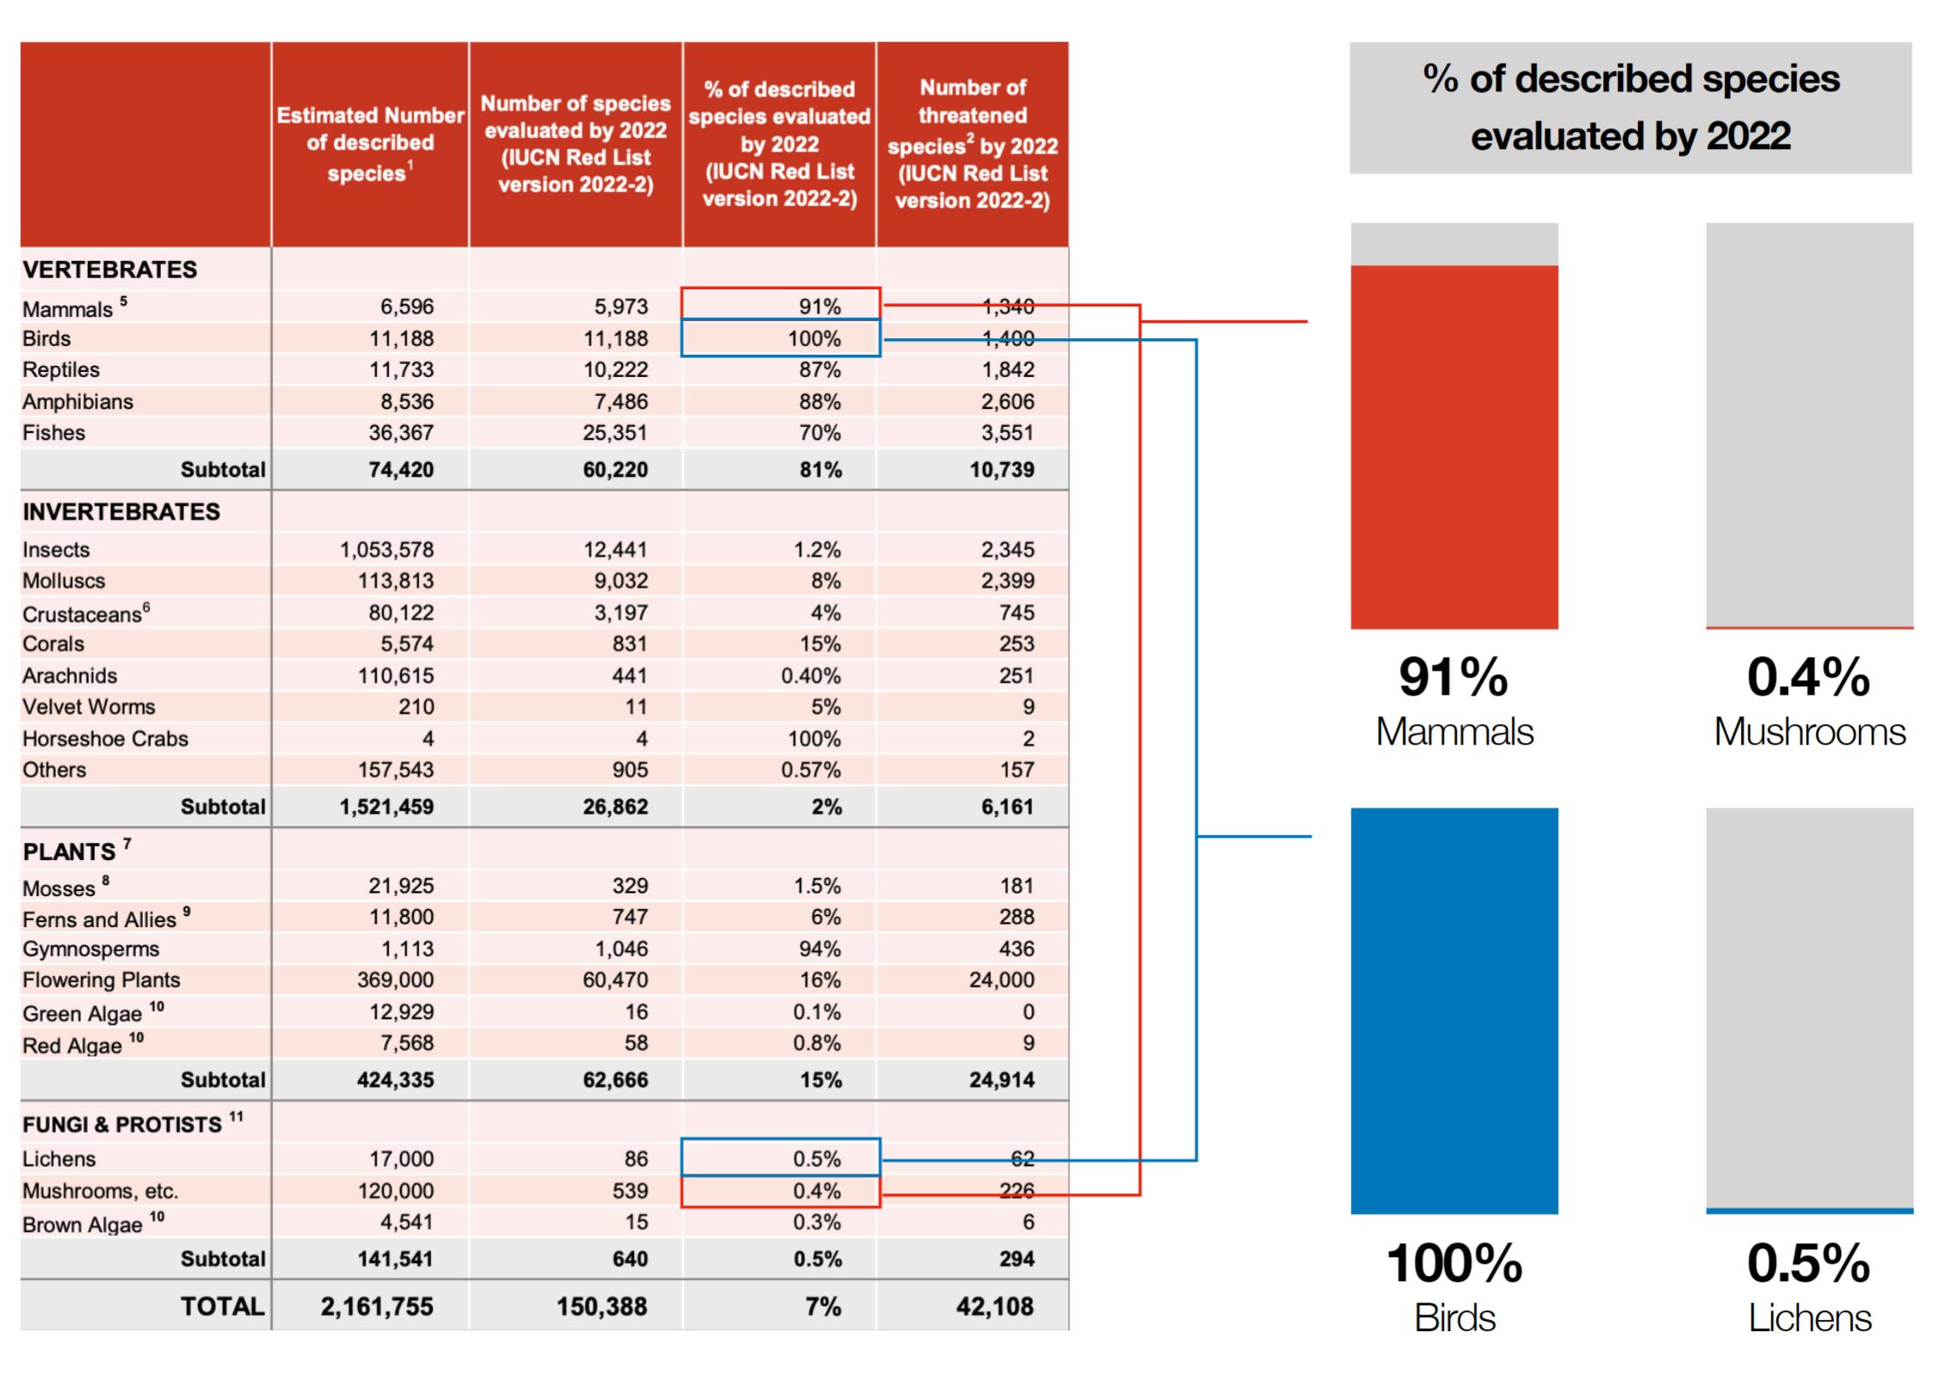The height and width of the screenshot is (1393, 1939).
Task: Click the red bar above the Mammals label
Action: [x=1453, y=447]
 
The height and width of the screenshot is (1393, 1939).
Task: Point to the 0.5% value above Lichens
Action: [x=1808, y=1263]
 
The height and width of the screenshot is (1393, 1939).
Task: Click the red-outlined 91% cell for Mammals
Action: [x=780, y=306]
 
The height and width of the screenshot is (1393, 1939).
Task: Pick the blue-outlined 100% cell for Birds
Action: [x=780, y=338]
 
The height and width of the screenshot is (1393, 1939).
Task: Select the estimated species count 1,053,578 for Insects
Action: [x=387, y=549]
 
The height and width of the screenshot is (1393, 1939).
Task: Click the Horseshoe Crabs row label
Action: [x=105, y=739]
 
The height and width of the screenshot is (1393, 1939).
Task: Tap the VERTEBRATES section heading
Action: [x=109, y=269]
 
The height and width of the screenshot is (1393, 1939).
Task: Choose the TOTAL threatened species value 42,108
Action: [x=994, y=1306]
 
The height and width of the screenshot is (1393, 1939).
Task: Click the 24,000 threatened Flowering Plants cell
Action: [x=1001, y=980]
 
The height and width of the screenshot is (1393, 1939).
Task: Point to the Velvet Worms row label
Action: [x=89, y=707]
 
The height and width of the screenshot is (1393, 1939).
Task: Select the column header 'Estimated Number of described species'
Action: [x=370, y=144]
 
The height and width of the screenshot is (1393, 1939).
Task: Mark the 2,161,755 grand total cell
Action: [x=377, y=1306]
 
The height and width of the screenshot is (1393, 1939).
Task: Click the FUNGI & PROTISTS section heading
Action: [x=122, y=1124]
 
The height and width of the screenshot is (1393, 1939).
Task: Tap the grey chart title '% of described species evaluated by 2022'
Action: [x=1630, y=108]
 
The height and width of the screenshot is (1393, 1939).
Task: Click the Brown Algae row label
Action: [x=83, y=1224]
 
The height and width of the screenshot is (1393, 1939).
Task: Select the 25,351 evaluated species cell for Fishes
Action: [x=615, y=432]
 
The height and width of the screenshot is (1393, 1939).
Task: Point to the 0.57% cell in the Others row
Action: [x=810, y=770]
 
